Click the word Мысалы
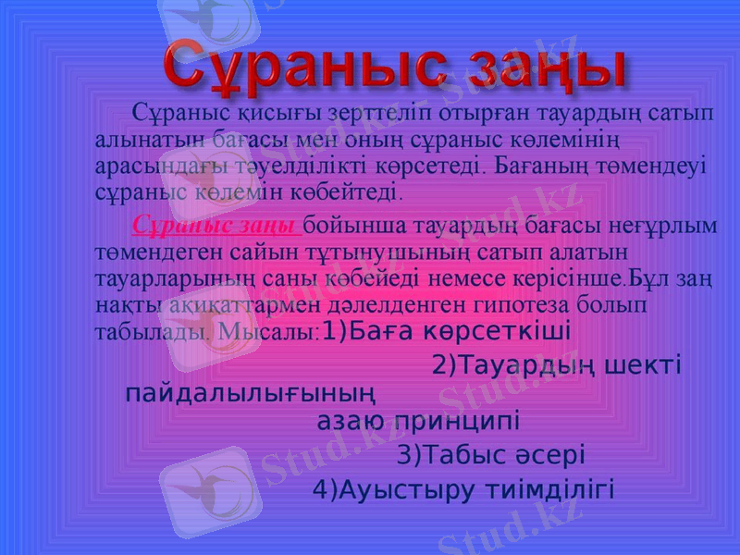269,331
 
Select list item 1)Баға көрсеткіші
444,331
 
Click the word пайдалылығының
251,393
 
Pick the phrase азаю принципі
418,422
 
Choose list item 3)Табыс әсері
490,455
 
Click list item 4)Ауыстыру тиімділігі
463,488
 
